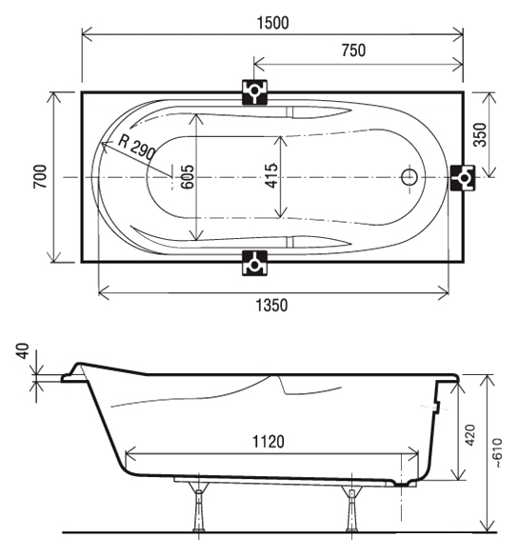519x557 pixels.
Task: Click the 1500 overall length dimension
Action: (x=272, y=23)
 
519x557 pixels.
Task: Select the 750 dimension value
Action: (x=353, y=50)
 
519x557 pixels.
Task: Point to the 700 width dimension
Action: (x=40, y=176)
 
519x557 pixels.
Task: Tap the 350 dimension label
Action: (x=480, y=134)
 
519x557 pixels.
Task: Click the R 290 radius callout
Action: (x=137, y=147)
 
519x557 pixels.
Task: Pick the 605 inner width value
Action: (x=188, y=176)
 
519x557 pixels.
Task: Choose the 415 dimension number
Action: (x=271, y=175)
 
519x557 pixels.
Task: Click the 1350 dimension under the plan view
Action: (x=271, y=305)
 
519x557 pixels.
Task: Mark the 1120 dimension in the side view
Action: (x=269, y=442)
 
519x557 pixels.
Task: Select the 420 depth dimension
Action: (x=470, y=435)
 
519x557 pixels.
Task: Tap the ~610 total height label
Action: (x=498, y=452)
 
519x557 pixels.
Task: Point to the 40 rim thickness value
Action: (x=23, y=351)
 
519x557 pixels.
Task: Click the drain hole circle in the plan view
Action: (x=409, y=177)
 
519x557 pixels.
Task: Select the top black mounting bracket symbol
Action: (x=254, y=92)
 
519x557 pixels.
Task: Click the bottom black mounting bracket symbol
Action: (x=254, y=263)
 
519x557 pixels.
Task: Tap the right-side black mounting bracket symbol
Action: (x=463, y=178)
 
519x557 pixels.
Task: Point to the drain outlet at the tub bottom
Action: (x=403, y=483)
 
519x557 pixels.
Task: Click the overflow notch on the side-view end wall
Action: (x=436, y=407)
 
